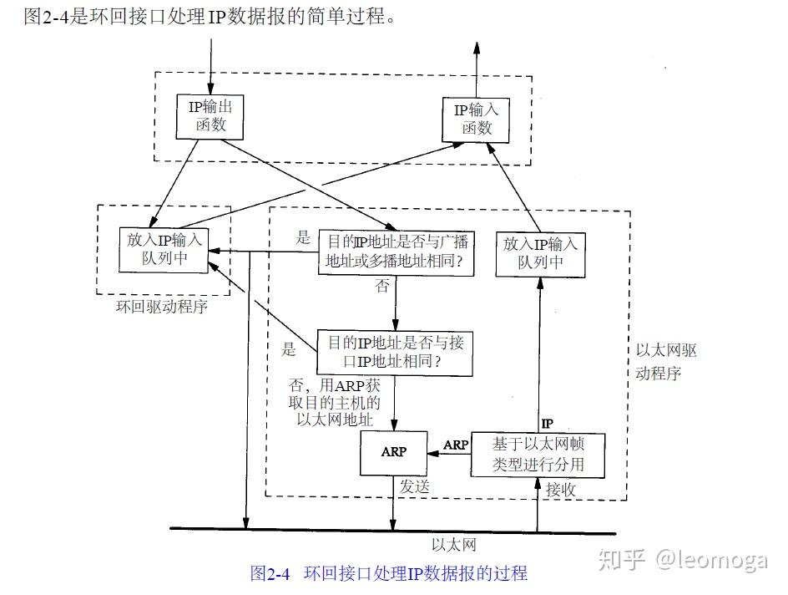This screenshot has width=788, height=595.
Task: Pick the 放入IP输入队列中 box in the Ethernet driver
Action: tap(540, 252)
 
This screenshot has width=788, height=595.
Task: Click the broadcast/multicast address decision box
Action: tap(396, 252)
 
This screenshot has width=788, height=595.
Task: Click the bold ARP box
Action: tap(393, 451)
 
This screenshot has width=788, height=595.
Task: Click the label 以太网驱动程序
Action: tap(665, 362)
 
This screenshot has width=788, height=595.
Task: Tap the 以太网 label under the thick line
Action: tap(454, 545)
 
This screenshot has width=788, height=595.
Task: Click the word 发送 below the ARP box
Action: tap(414, 486)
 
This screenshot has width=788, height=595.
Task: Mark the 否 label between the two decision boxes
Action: tap(382, 287)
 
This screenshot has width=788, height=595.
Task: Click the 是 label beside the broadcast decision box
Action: tap(303, 237)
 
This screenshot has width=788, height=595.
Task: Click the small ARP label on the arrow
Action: tap(456, 445)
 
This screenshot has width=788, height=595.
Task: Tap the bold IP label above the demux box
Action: tap(548, 424)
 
